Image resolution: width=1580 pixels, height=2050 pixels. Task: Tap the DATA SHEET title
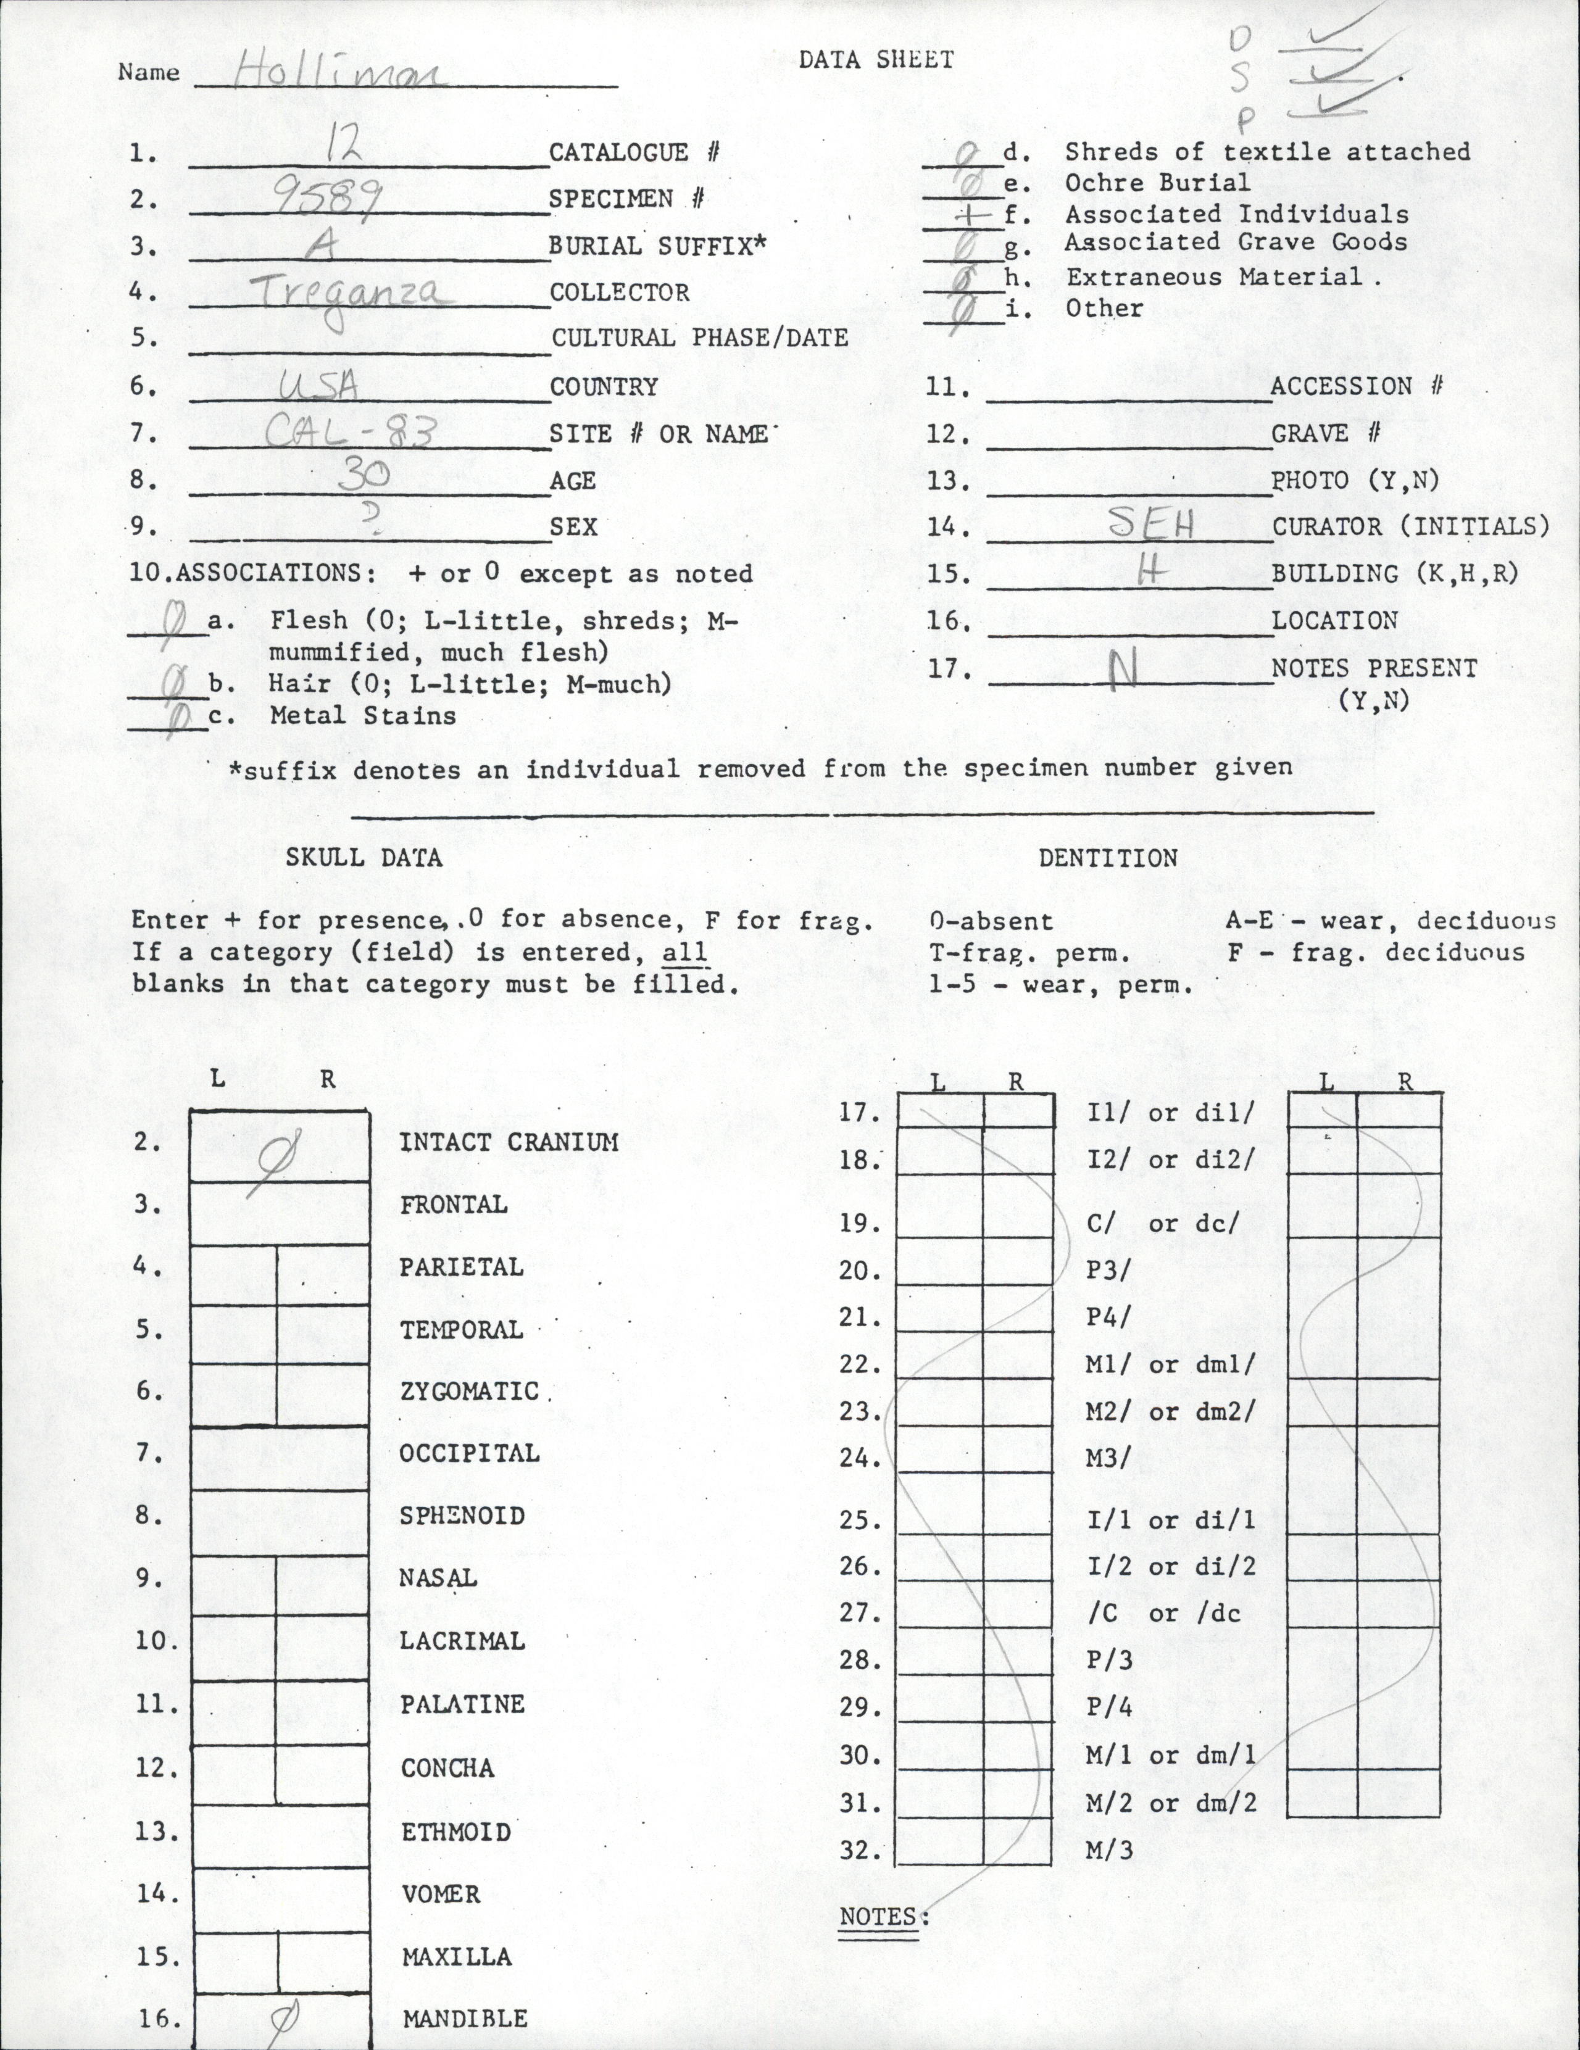(x=876, y=60)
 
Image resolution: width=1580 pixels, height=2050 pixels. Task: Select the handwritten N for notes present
(x=1119, y=670)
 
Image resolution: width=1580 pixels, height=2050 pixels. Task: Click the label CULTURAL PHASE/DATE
(x=699, y=338)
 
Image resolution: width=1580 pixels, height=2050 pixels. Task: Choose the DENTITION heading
(x=1108, y=858)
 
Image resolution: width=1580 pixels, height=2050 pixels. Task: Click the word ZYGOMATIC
(x=470, y=1391)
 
